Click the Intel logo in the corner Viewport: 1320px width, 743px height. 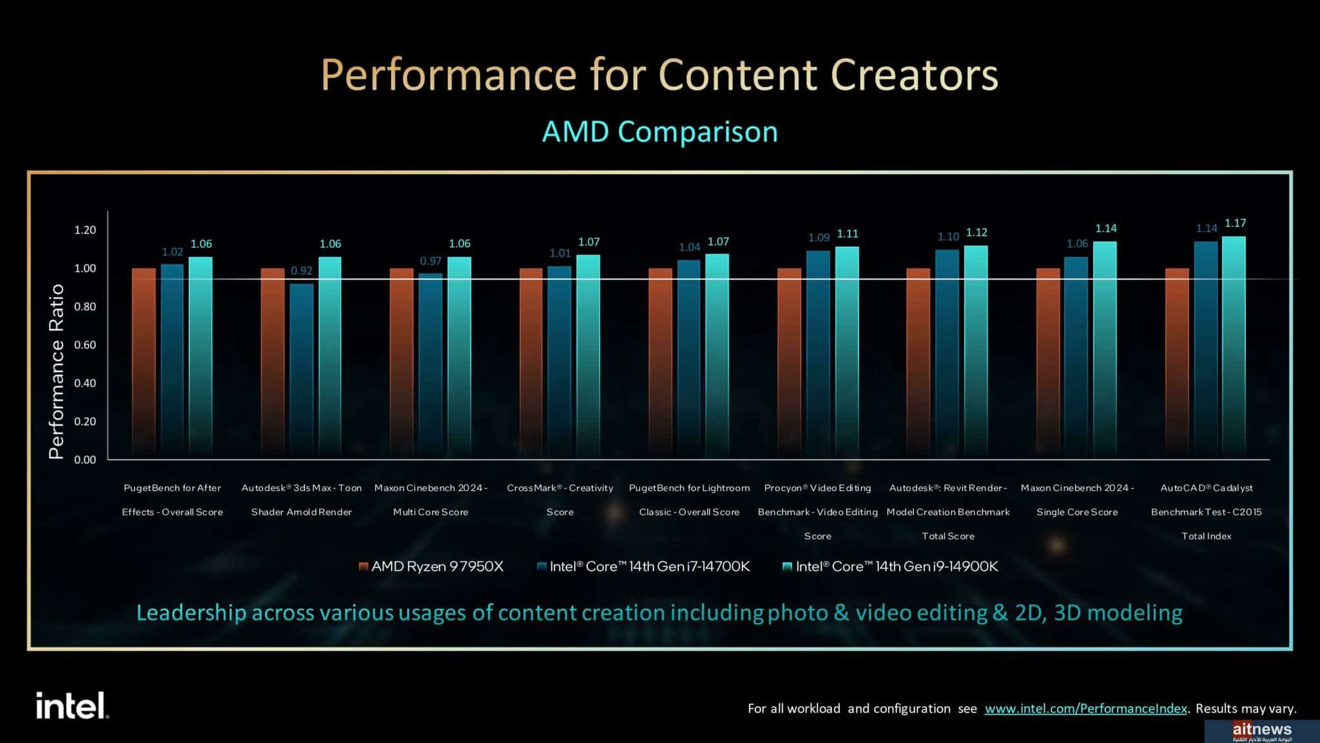tap(72, 706)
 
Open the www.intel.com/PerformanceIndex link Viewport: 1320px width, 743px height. tap(1085, 708)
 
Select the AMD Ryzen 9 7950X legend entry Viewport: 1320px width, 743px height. tap(431, 566)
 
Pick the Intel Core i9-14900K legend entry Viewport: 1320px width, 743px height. tap(890, 566)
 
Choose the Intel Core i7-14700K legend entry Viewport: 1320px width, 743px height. tap(643, 566)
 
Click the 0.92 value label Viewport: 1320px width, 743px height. tap(302, 271)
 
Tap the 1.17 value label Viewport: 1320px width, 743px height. tap(1235, 223)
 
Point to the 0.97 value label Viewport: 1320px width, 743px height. tap(431, 261)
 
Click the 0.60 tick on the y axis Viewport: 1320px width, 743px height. tap(85, 345)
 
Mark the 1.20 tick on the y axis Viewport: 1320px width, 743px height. tap(85, 230)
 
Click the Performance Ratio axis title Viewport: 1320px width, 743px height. tap(57, 371)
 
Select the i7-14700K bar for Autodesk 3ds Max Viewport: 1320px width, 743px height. tap(302, 371)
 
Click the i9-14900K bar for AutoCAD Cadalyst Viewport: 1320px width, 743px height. tap(1234, 348)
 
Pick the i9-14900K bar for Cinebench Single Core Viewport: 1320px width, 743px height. tap(1105, 350)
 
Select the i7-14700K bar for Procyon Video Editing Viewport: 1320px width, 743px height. tap(818, 355)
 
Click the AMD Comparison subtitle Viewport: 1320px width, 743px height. tap(660, 132)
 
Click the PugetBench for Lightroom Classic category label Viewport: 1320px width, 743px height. tap(689, 500)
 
